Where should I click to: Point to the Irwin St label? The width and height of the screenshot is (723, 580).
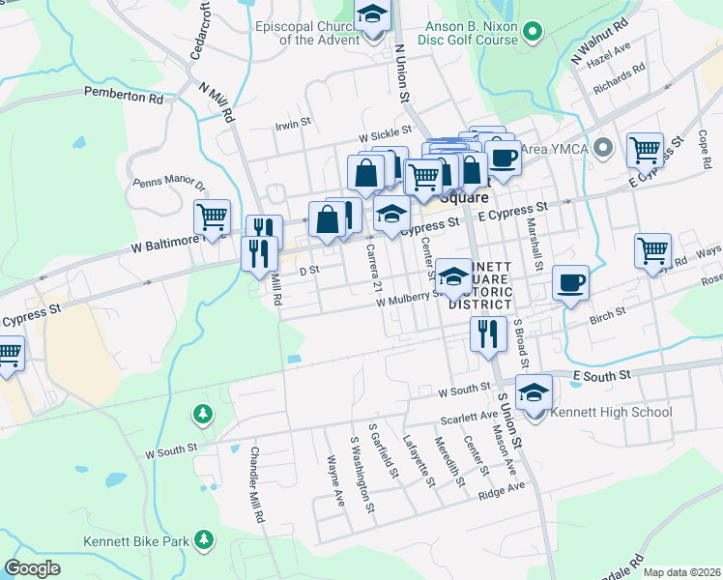tap(292, 124)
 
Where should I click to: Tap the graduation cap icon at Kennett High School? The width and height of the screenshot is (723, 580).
tap(532, 392)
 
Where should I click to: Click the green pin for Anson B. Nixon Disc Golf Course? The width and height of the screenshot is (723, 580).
tap(531, 34)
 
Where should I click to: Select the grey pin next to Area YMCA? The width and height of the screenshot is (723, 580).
tap(604, 148)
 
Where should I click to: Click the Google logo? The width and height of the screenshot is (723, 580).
tap(32, 568)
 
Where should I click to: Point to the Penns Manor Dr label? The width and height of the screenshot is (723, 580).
tap(169, 183)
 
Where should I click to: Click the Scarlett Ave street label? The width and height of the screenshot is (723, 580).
tap(469, 417)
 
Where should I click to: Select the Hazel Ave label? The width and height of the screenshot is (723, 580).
tap(609, 53)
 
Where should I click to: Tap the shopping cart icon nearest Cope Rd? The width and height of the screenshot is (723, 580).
tap(645, 151)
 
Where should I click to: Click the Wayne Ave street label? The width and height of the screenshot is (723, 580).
tap(335, 481)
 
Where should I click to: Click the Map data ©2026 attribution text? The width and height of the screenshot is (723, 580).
tap(681, 572)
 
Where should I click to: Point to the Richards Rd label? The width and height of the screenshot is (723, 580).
tap(621, 79)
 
